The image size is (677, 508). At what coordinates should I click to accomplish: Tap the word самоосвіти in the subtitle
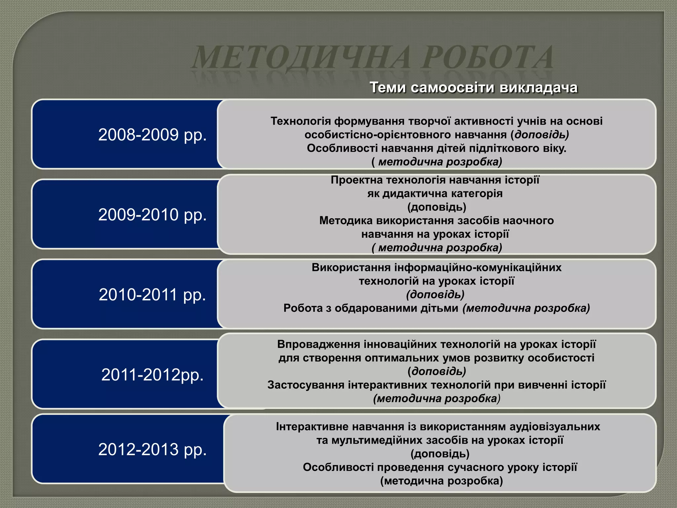tap(455, 88)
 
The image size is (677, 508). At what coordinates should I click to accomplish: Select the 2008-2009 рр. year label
tap(152, 135)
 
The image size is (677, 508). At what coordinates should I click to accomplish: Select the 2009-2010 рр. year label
tap(152, 215)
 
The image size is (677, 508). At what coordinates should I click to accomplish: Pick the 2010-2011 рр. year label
tap(152, 295)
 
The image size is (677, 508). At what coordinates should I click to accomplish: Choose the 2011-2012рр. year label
tap(152, 375)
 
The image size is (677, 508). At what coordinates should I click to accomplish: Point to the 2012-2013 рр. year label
tap(152, 449)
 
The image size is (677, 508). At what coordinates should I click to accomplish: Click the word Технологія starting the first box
tap(300, 121)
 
